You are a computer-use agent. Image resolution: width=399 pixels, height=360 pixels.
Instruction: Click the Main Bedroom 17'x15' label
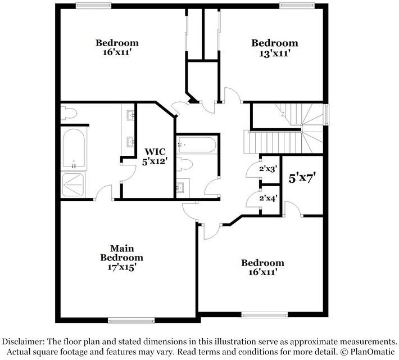(121, 258)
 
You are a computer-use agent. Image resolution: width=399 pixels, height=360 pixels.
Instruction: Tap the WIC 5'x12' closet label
(155, 156)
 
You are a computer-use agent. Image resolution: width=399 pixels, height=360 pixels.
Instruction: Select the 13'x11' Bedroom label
(275, 48)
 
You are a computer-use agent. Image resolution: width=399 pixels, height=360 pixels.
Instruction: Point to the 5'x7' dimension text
(302, 178)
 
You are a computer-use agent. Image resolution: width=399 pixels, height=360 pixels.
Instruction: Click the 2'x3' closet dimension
(268, 168)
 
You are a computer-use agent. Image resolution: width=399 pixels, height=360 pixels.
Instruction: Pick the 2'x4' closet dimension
(268, 198)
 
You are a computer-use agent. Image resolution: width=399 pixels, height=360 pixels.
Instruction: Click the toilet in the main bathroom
(69, 113)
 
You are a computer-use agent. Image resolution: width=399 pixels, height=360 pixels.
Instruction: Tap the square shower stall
(73, 184)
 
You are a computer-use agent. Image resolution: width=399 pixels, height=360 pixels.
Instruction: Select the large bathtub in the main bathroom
(74, 148)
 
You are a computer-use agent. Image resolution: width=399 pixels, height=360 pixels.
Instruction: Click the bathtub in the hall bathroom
(197, 145)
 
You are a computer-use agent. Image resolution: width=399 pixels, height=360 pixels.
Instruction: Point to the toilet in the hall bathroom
(184, 165)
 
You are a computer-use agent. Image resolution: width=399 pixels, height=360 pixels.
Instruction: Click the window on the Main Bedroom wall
(132, 320)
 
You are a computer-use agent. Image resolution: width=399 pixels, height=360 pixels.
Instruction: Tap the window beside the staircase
(327, 115)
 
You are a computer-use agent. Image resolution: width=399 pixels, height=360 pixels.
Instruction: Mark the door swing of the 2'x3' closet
(253, 168)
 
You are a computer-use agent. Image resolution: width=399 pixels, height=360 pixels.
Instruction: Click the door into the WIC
(129, 173)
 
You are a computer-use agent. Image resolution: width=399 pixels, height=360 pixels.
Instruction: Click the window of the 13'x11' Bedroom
(297, 6)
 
